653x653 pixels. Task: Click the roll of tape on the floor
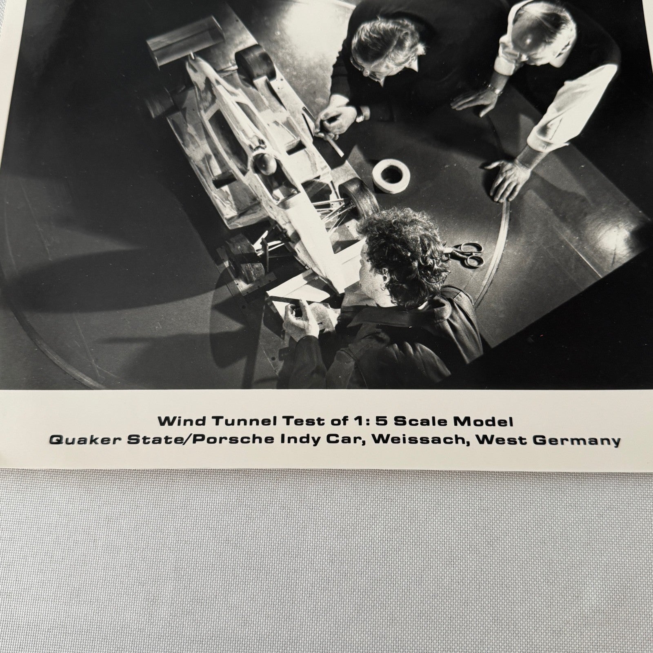(x=391, y=171)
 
